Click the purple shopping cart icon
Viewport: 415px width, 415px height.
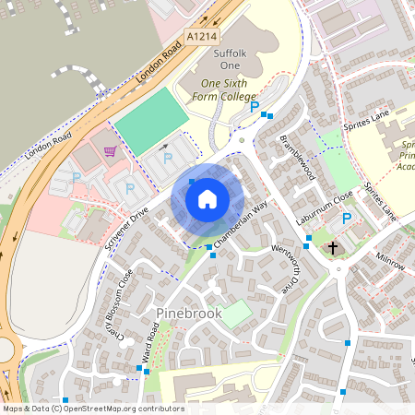click(111, 151)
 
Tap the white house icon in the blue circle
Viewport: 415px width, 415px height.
click(207, 198)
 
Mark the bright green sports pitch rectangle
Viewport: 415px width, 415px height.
click(147, 121)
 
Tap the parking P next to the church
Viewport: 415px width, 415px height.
click(347, 219)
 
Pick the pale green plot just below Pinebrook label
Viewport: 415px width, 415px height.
click(236, 314)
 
